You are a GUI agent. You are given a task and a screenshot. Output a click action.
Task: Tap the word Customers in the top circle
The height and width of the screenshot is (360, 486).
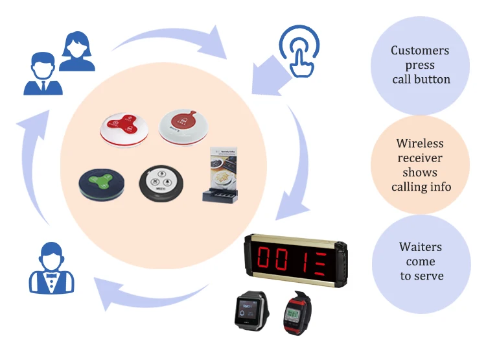click(419, 51)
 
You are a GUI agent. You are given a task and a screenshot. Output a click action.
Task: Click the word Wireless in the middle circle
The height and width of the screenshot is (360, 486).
click(419, 143)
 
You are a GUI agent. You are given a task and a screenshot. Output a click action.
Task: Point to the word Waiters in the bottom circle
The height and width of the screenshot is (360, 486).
click(421, 247)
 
